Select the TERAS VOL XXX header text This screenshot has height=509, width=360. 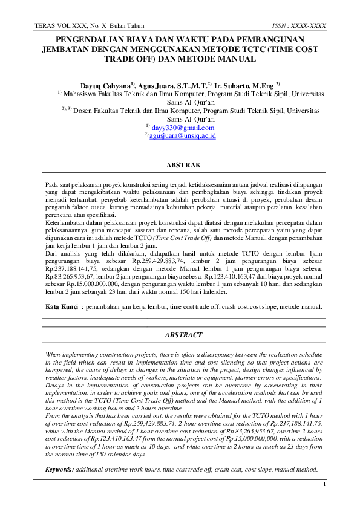(x=57, y=26)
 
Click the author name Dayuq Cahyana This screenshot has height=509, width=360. (x=104, y=86)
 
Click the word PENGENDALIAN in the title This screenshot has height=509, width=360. (x=80, y=40)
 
